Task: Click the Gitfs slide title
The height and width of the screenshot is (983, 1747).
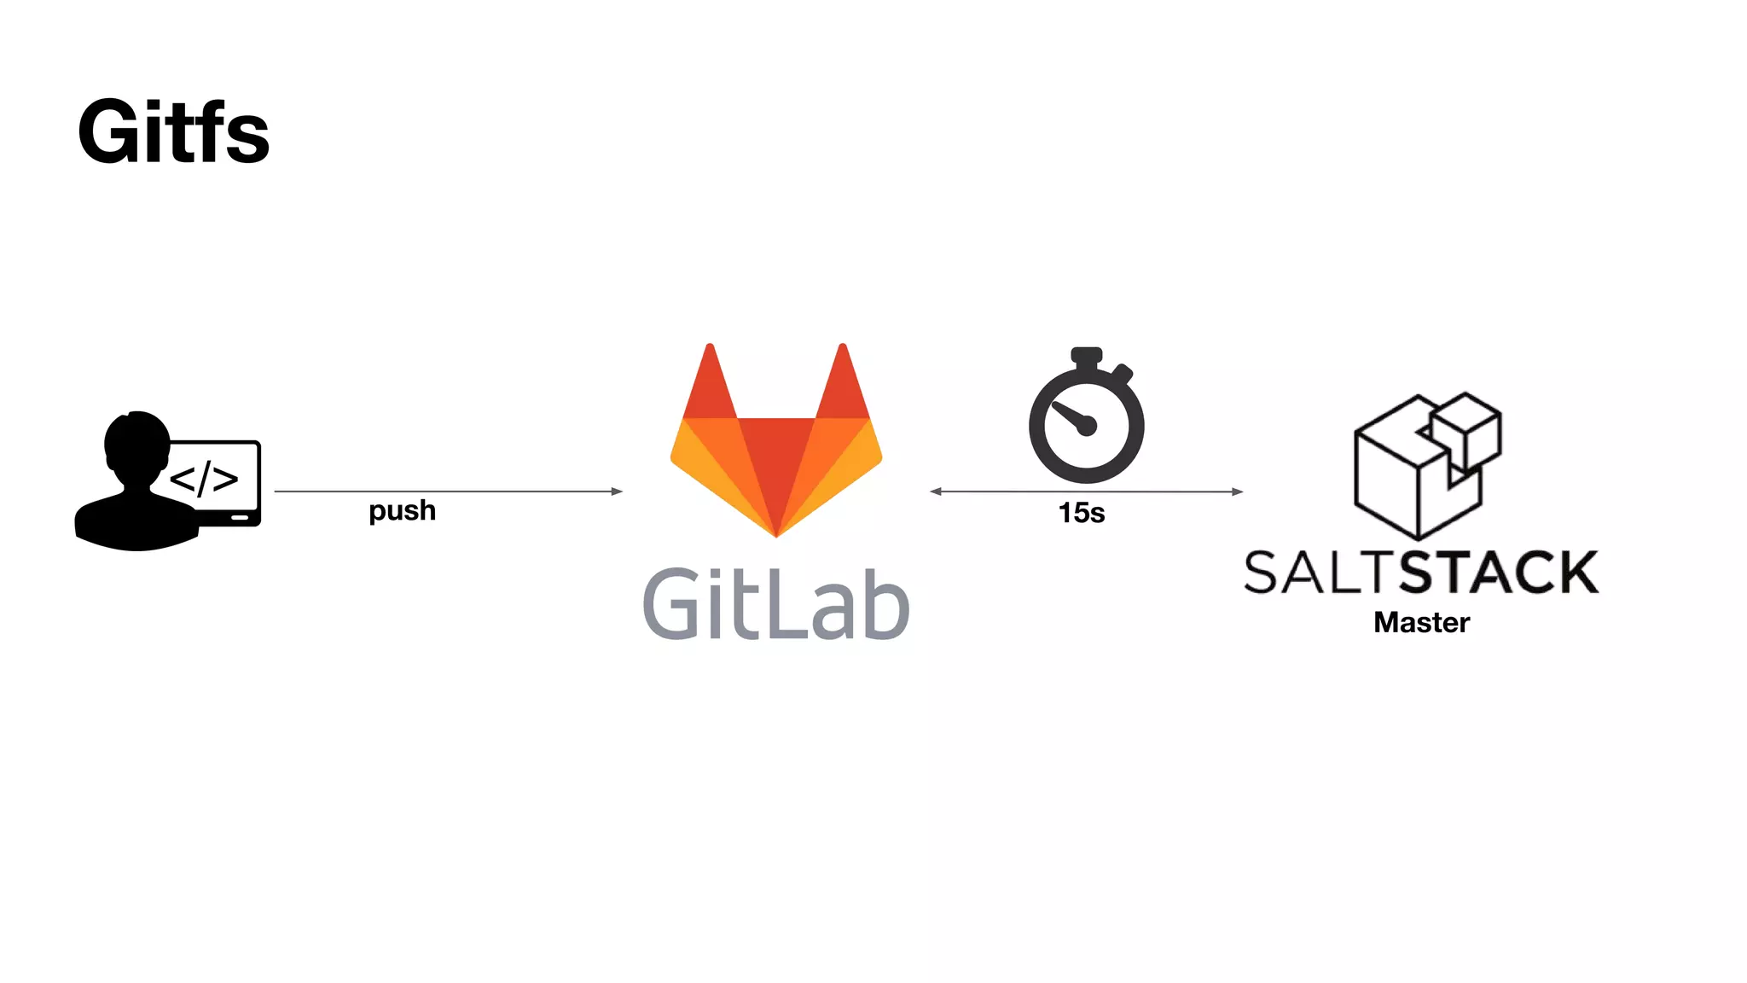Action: click(174, 132)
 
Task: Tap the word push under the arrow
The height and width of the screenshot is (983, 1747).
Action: click(402, 510)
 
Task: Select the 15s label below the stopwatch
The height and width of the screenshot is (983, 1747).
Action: click(1081, 513)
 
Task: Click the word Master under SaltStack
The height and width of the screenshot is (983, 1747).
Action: click(1421, 622)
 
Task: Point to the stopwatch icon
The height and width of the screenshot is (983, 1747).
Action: click(1086, 417)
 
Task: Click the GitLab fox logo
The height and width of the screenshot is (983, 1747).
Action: click(776, 444)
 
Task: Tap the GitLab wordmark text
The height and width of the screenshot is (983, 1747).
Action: click(776, 604)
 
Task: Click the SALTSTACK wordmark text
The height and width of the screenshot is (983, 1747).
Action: click(1421, 572)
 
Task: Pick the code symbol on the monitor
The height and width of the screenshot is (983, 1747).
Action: click(205, 479)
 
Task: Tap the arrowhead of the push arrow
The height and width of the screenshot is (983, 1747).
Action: click(617, 491)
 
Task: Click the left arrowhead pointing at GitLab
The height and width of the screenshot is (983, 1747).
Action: click(936, 491)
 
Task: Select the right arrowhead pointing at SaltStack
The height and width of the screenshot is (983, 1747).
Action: click(1238, 491)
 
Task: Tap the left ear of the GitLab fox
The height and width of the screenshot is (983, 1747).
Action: click(710, 384)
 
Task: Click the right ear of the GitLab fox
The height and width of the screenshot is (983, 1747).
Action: click(843, 384)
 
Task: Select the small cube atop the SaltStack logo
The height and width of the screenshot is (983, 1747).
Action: click(1466, 428)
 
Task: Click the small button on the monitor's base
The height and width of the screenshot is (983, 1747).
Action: click(240, 517)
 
